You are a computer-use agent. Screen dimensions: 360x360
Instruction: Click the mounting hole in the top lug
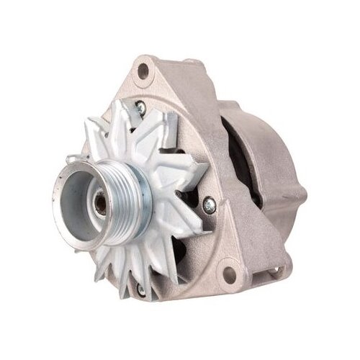click(x=145, y=70)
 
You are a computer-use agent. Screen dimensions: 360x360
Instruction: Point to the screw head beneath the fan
click(x=142, y=289)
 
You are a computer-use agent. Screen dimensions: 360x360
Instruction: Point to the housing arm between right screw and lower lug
click(x=223, y=241)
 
